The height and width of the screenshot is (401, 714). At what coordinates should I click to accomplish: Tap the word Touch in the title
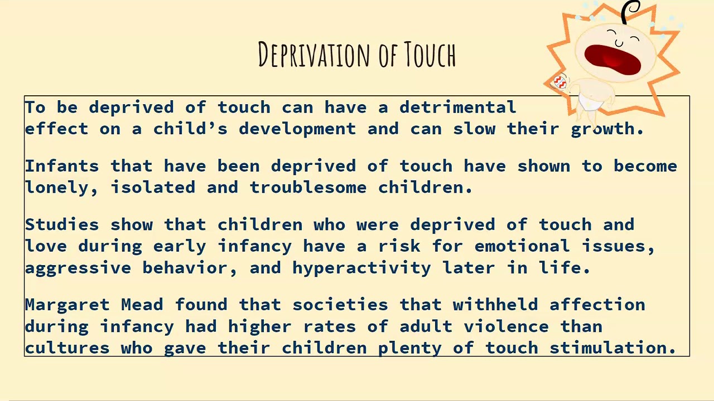click(x=430, y=55)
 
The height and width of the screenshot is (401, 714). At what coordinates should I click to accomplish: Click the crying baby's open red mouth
click(x=612, y=58)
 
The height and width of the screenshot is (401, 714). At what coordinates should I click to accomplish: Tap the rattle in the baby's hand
click(x=559, y=82)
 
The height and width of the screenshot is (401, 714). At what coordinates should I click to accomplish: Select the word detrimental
click(x=457, y=107)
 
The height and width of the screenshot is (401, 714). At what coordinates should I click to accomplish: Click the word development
click(x=297, y=129)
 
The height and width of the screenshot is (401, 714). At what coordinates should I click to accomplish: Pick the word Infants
click(x=62, y=166)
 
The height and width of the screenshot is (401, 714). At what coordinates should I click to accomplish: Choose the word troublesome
click(x=308, y=188)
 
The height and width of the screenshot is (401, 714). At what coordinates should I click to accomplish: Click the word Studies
click(x=62, y=224)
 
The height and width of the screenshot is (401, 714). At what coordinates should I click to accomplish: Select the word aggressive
click(x=78, y=268)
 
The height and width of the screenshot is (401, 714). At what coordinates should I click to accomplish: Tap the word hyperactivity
click(x=361, y=268)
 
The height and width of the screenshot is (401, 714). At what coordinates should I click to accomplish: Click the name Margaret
click(x=67, y=305)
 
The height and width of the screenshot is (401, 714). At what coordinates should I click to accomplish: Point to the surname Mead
click(x=142, y=305)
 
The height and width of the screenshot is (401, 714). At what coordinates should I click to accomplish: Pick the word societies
click(x=340, y=305)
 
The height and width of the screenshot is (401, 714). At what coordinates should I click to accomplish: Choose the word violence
click(x=506, y=326)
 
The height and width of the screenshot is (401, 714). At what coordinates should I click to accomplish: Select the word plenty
click(x=409, y=348)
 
